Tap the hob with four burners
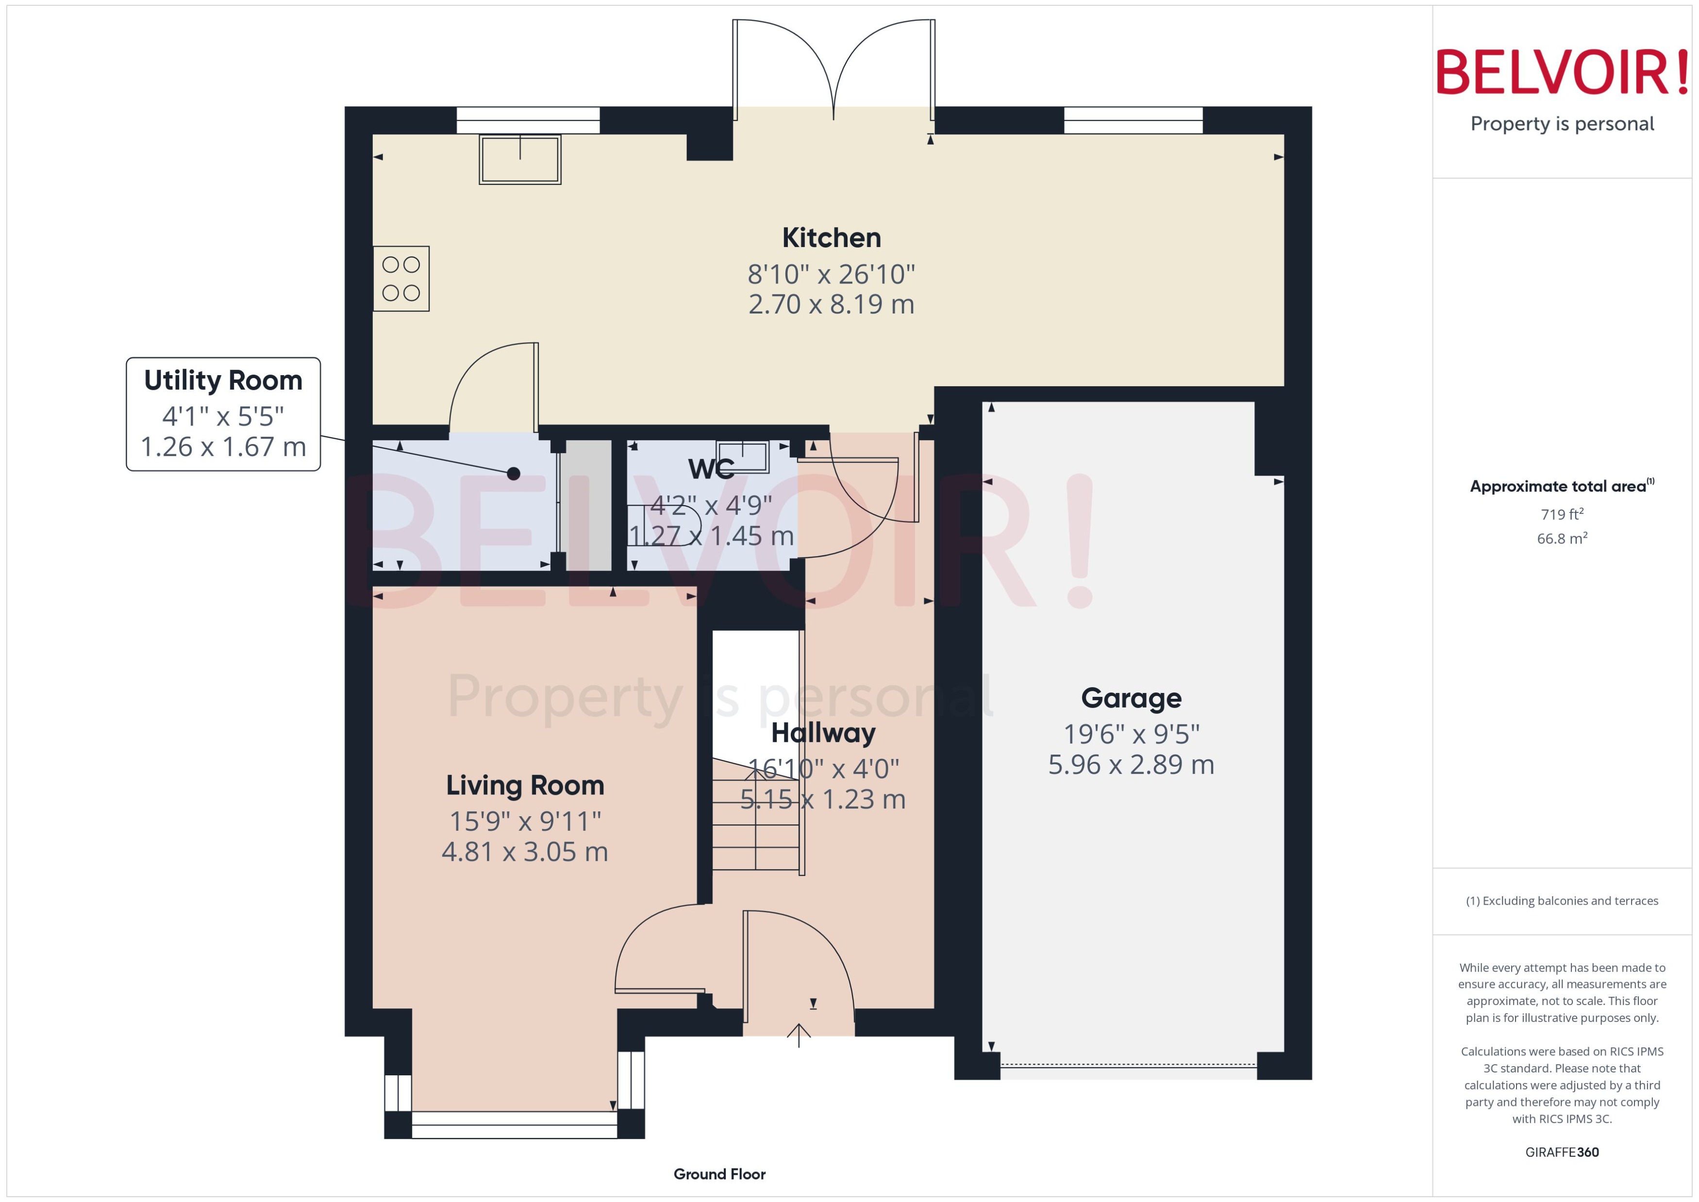[x=400, y=278]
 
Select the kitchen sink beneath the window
[x=520, y=159]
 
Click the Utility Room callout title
[x=223, y=380]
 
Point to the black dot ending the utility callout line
[x=513, y=474]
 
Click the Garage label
[x=1131, y=698]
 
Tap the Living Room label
[x=525, y=785]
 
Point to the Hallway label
[x=823, y=733]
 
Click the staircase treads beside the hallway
[x=755, y=822]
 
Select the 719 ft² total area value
[x=1561, y=514]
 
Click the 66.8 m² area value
[x=1561, y=538]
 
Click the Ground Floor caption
[x=719, y=1174]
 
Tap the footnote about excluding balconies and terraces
[x=1561, y=901]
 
